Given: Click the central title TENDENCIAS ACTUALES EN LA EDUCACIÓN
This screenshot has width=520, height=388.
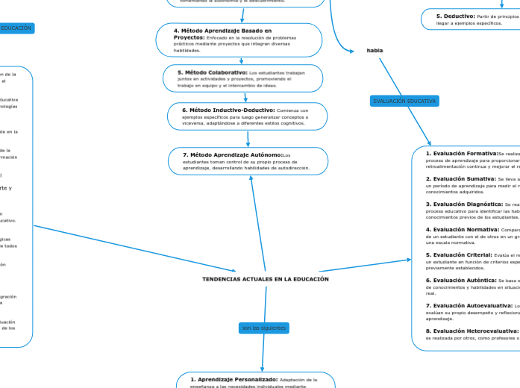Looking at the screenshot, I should (265, 279).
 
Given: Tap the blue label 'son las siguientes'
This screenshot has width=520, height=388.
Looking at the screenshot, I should (263, 328).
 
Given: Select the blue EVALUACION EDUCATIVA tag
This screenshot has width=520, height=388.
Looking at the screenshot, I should (404, 101).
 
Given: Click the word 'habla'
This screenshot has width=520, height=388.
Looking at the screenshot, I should (375, 50).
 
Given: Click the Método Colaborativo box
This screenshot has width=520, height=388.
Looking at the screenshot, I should (243, 78).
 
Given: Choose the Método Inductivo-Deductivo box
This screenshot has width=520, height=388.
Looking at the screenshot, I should (247, 116).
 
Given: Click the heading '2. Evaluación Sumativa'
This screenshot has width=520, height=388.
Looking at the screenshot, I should (460, 179).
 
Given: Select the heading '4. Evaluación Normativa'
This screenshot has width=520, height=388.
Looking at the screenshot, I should (462, 229).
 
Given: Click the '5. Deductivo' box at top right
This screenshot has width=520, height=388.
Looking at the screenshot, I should (469, 19).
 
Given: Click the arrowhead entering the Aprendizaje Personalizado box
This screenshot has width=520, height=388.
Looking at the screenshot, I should (262, 369).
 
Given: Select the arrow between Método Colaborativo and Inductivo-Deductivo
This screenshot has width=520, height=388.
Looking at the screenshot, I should (245, 97).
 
